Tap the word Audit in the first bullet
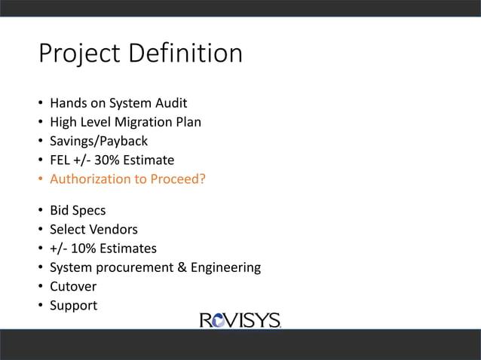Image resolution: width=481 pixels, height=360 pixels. point(170,102)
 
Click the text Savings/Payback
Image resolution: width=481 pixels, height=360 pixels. point(99,141)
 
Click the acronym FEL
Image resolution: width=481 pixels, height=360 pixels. point(61,160)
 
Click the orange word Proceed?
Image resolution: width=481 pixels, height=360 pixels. point(179,179)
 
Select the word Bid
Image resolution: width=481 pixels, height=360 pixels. point(60,209)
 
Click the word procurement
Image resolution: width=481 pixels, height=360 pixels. point(136,267)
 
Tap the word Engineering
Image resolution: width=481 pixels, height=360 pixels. point(226,267)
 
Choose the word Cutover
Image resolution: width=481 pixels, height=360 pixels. point(73,286)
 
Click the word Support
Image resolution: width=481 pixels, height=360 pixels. point(73,306)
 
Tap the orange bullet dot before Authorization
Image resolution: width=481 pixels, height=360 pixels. point(40,179)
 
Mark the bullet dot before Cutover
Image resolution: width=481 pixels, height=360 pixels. point(40,286)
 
